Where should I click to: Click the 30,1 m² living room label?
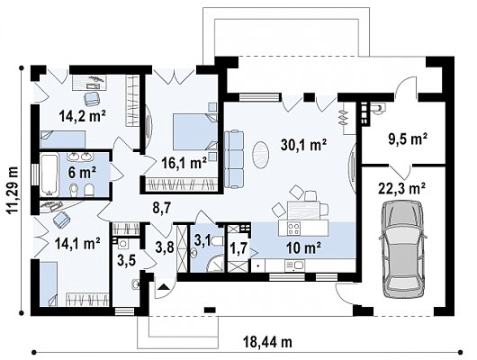click(303, 145)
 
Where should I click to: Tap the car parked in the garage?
click(402, 249)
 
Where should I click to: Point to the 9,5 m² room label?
click(408, 139)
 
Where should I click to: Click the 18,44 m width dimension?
click(267, 342)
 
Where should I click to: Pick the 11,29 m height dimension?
click(13, 191)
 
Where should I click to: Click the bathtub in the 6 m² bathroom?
click(49, 175)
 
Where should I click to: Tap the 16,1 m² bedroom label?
click(184, 163)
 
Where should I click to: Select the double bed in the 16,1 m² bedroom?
click(195, 131)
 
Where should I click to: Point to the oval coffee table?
click(260, 155)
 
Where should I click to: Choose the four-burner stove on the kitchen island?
click(294, 229)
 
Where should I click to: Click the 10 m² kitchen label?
click(304, 248)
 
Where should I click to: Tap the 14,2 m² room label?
click(83, 116)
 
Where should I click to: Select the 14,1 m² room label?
click(77, 243)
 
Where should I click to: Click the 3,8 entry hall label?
click(165, 247)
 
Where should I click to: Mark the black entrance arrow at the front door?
click(163, 287)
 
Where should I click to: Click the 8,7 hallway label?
click(162, 209)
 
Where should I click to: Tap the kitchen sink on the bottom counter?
click(294, 265)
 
